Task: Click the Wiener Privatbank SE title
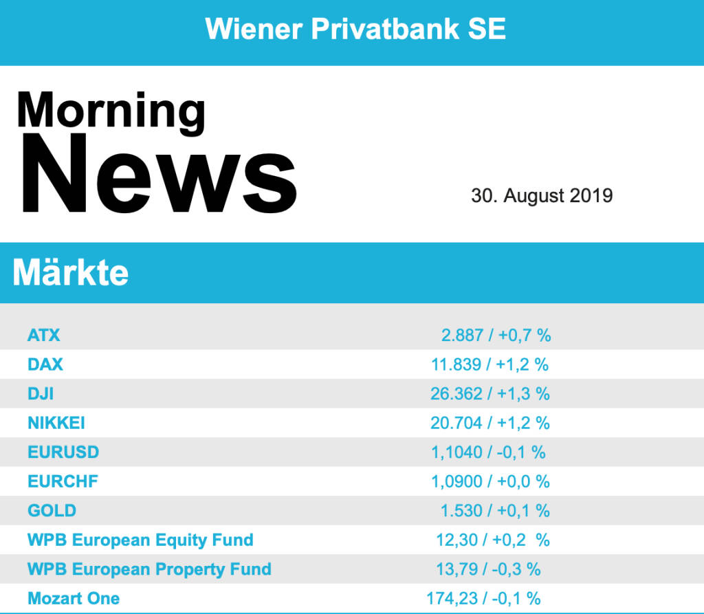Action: pos(355,29)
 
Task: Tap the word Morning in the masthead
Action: pos(111,110)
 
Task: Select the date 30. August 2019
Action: pos(542,196)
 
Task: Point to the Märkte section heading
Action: pos(70,273)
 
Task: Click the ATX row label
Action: pos(44,336)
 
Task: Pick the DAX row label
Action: pos(45,364)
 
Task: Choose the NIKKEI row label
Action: pos(56,423)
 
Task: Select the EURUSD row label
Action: pos(63,452)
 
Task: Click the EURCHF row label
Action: pos(63,481)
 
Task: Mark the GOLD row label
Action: pos(52,511)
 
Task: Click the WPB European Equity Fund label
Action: pos(140,540)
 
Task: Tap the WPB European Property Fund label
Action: pos(149,569)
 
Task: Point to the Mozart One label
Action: pos(74,598)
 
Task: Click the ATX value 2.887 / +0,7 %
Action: pos(496,336)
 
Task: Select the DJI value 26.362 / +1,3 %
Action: pos(490,394)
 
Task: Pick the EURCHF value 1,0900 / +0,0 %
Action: pos(490,481)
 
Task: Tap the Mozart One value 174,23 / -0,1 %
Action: pos(483,598)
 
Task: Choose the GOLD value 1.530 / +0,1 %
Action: pos(495,511)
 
